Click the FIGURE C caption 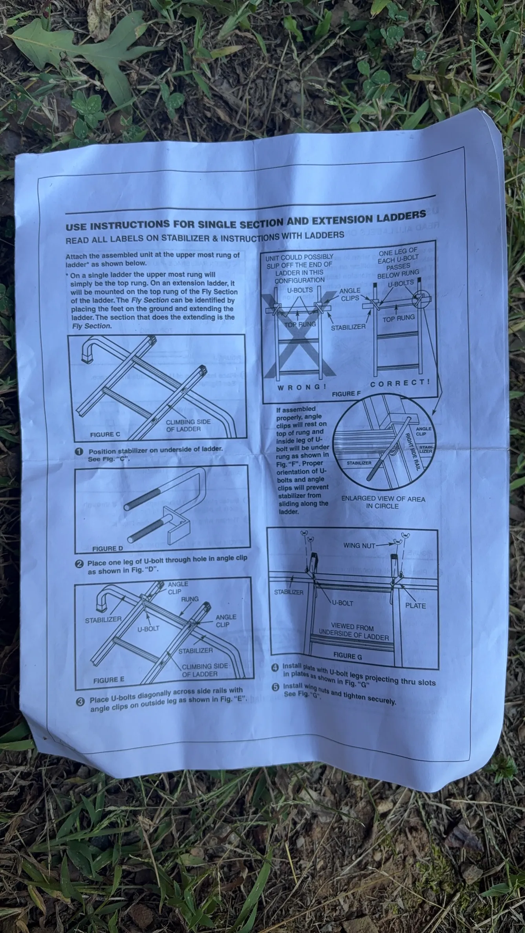[105, 435]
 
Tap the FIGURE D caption [107, 548]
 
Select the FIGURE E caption [109, 680]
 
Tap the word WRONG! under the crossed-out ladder [302, 387]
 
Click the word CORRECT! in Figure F [400, 382]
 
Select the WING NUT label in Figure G [359, 545]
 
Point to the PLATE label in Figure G [415, 606]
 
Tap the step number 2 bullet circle [79, 564]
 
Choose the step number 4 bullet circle [276, 668]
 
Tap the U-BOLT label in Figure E [148, 629]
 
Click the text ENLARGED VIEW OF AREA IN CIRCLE [383, 502]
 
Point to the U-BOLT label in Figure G [342, 603]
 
